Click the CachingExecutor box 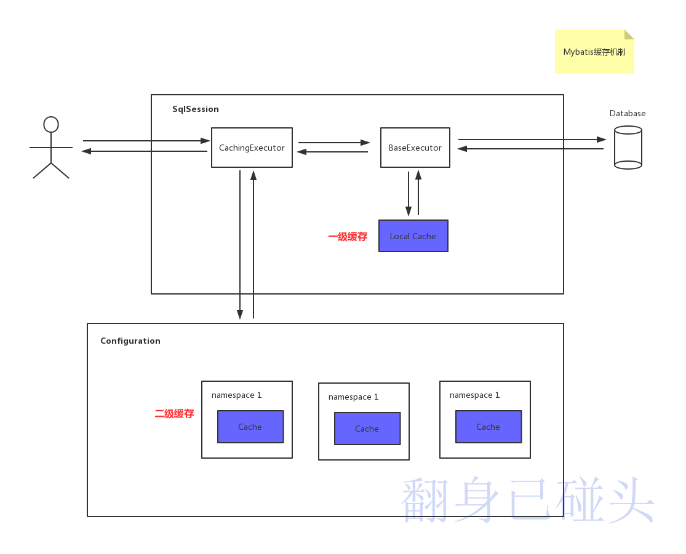[x=252, y=148]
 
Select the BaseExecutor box [x=415, y=148]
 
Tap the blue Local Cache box [x=413, y=236]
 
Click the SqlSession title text [x=195, y=109]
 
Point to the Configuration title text [x=130, y=341]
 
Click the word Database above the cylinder [x=627, y=114]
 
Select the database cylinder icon [x=628, y=148]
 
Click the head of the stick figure [x=51, y=125]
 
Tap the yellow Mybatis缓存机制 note [x=594, y=52]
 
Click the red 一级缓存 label [x=348, y=237]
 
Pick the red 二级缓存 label [x=174, y=414]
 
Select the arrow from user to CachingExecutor [x=146, y=141]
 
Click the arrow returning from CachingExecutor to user [x=144, y=151]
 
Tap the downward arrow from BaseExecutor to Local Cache [x=409, y=194]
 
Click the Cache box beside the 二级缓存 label [x=250, y=427]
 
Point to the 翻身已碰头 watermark [x=528, y=501]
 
